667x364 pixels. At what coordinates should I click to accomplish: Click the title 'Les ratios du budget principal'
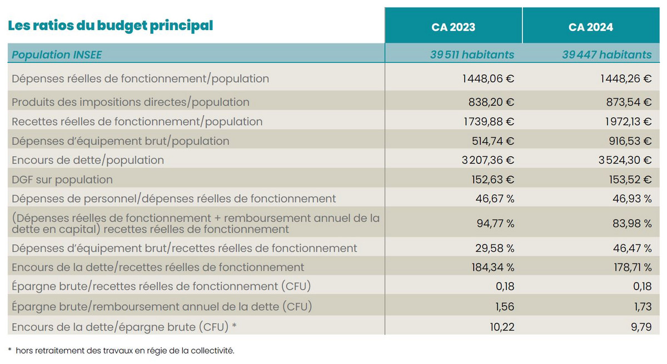(110, 26)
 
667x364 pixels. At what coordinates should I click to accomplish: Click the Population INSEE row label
(57, 54)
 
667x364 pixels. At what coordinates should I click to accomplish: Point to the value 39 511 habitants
(472, 54)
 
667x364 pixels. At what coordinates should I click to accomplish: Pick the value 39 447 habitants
(606, 54)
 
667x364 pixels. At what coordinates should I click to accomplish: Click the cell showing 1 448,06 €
(487, 79)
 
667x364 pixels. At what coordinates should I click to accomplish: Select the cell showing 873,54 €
(626, 102)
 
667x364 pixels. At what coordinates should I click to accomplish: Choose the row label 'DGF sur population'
(62, 179)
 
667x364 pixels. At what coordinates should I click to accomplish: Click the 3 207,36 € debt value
(486, 160)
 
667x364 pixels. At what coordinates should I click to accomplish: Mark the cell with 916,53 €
(626, 141)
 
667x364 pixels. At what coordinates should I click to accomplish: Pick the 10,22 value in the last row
(502, 327)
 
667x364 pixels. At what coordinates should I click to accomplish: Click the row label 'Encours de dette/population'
(88, 160)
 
